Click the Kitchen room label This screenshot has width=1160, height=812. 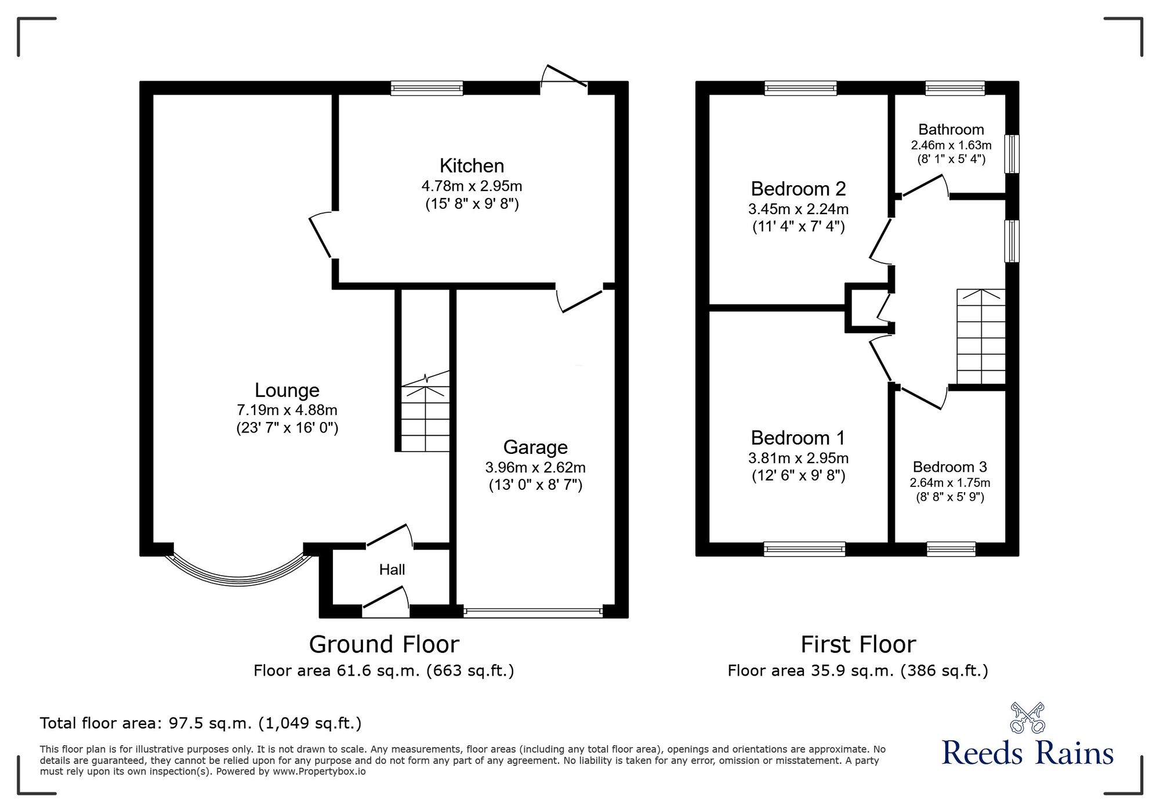pyautogui.click(x=472, y=166)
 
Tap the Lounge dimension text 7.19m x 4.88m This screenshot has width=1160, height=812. pyautogui.click(x=287, y=410)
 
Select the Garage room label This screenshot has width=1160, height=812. pyautogui.click(x=535, y=447)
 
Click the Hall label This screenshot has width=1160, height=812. pyautogui.click(x=391, y=569)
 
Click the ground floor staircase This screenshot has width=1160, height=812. pyautogui.click(x=426, y=415)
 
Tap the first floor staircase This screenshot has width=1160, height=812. pyautogui.click(x=980, y=337)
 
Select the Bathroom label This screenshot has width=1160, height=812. pyautogui.click(x=951, y=129)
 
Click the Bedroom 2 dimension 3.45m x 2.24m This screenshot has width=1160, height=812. pyautogui.click(x=798, y=209)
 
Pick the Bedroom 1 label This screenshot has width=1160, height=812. pyautogui.click(x=797, y=438)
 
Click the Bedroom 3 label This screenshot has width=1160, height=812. pyautogui.click(x=949, y=467)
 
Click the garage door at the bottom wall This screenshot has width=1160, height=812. pyautogui.click(x=533, y=611)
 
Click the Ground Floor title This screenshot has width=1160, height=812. pyautogui.click(x=383, y=644)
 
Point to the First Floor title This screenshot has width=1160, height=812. pyautogui.click(x=858, y=644)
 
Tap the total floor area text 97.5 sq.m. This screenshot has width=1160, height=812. pyautogui.click(x=200, y=723)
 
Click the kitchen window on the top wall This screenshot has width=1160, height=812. pyautogui.click(x=426, y=88)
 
